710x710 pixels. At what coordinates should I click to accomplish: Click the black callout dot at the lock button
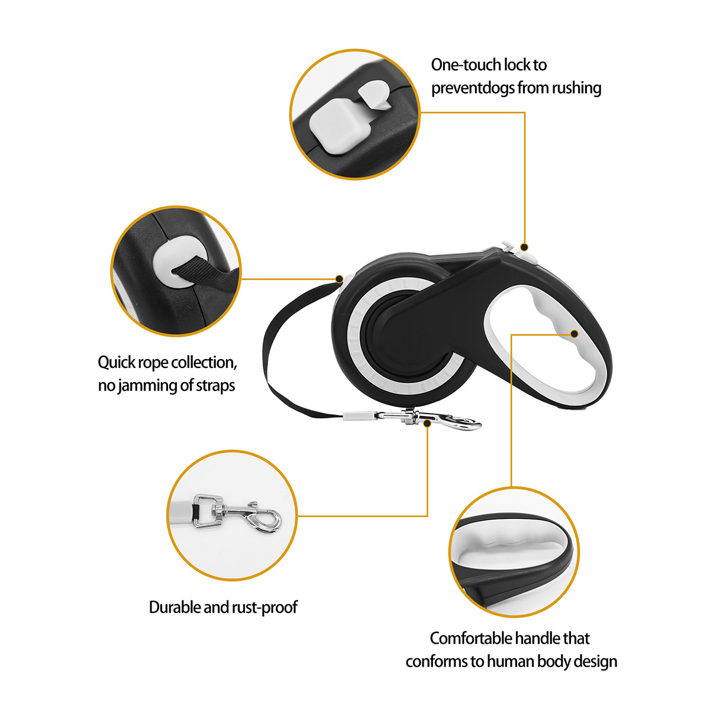(x=524, y=247)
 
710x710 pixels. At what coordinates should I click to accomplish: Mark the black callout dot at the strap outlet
(x=340, y=279)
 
